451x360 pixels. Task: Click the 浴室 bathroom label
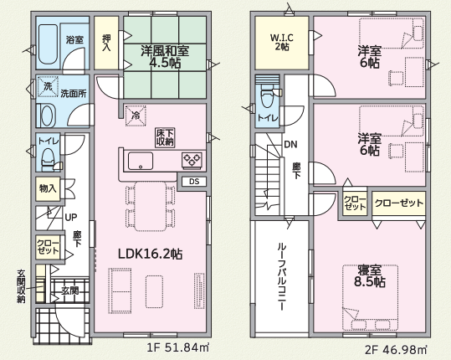pyautogui.click(x=74, y=39)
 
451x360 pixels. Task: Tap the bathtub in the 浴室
pyautogui.click(x=48, y=44)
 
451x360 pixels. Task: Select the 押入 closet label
pyautogui.click(x=106, y=43)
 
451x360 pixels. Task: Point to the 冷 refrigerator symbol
pyautogui.click(x=136, y=116)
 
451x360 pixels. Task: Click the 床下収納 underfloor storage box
pyautogui.click(x=166, y=137)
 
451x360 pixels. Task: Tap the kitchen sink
pyautogui.click(x=141, y=161)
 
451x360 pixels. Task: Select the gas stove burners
pyautogui.click(x=192, y=160)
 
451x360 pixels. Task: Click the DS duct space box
pyautogui.click(x=194, y=182)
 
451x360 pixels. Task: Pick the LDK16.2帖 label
pyautogui.click(x=150, y=254)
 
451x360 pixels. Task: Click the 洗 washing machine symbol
pyautogui.click(x=48, y=86)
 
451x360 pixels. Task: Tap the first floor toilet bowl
pyautogui.click(x=48, y=158)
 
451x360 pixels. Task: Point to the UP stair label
pyautogui.click(x=71, y=218)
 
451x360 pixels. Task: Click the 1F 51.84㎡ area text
pyautogui.click(x=177, y=348)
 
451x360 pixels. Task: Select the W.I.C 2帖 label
pyautogui.click(x=282, y=42)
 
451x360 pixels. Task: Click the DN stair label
pyautogui.click(x=290, y=144)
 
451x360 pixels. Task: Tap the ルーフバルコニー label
pyautogui.click(x=282, y=277)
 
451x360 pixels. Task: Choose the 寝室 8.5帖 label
pyautogui.click(x=370, y=276)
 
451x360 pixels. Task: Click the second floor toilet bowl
pyautogui.click(x=267, y=96)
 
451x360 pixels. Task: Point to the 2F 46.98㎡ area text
pyautogui.click(x=397, y=350)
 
